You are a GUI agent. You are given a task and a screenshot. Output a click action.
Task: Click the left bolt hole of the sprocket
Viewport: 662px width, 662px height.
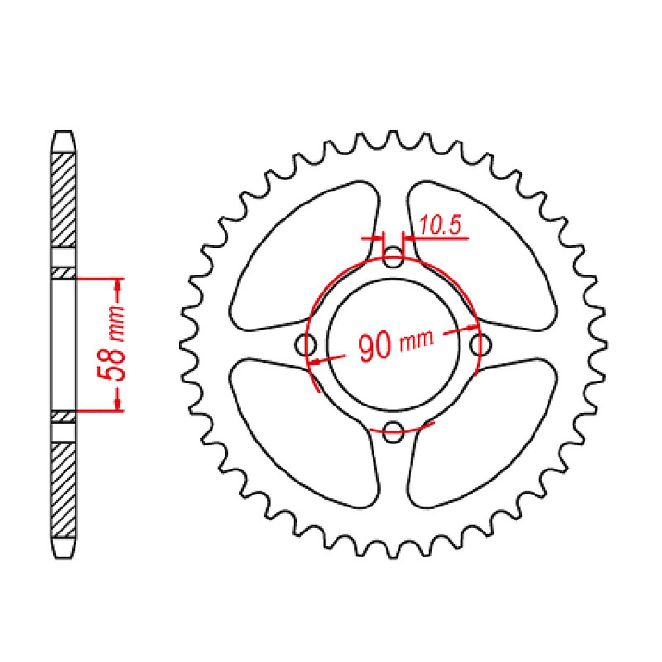tap(307, 344)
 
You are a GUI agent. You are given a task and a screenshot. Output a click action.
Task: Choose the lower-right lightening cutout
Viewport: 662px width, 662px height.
tap(480, 430)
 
